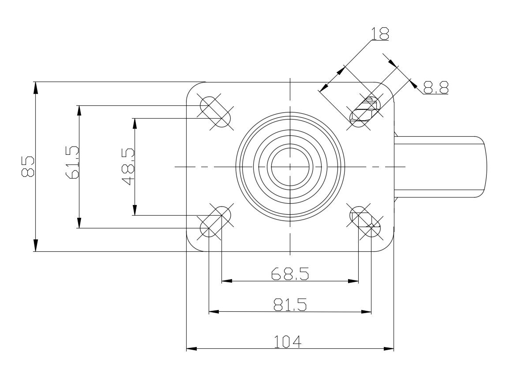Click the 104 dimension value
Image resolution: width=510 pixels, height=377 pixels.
[287, 342]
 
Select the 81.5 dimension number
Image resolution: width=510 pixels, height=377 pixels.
[289, 305]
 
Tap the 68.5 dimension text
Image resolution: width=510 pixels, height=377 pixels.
[289, 274]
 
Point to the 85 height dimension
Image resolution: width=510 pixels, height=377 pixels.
[28, 166]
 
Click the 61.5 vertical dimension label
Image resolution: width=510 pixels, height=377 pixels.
[72, 163]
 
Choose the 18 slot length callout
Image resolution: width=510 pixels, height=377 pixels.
[379, 34]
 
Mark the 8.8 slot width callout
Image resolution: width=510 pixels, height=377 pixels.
[435, 87]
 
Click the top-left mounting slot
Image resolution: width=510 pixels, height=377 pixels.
[216, 112]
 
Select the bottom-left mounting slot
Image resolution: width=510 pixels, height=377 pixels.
[216, 222]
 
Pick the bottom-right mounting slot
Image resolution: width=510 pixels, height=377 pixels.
[365, 222]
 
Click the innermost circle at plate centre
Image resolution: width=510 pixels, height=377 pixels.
[290, 167]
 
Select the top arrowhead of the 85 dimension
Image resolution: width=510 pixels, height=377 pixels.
[36, 87]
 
